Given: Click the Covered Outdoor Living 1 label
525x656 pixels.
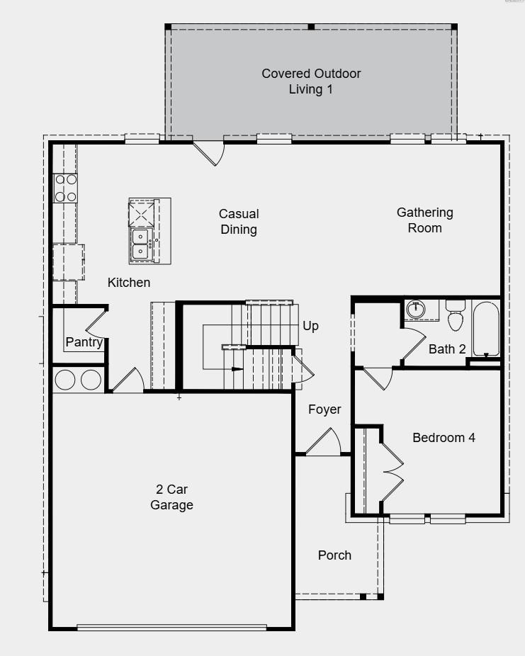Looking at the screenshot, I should coord(311,81).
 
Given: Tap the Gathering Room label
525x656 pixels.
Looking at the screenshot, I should coord(424,220).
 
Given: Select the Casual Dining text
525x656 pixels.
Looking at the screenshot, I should coord(239,221).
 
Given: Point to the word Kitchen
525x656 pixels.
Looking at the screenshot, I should coord(129,283).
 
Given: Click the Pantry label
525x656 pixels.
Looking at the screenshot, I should coord(84,342).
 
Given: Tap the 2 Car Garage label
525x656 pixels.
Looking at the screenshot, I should coord(171,497).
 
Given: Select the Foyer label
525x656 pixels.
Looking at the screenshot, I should coord(324,409).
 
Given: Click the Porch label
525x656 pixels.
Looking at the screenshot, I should coord(334,555).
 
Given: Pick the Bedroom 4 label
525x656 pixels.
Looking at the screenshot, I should coord(444,437).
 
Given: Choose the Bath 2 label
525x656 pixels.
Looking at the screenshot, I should coord(447,349).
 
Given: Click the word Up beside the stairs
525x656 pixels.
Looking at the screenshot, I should coord(310,326).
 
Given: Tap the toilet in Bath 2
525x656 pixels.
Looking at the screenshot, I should coord(455,316).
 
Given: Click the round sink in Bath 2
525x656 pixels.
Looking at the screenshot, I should coord(416,310).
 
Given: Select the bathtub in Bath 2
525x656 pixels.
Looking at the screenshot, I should coord(486,329).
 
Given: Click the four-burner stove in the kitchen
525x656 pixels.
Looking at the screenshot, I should coord(66,188).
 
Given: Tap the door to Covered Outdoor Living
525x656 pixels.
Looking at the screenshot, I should coord(210,152).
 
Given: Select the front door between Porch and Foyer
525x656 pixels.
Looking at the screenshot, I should coord(324,443).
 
